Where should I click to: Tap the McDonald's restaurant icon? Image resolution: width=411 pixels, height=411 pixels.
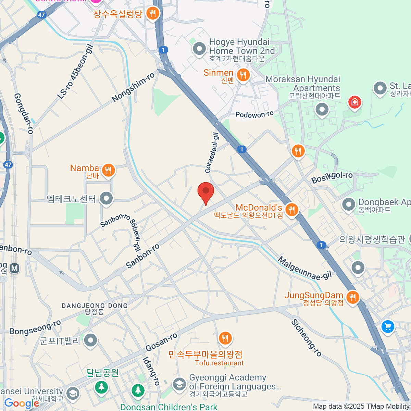pyautogui.click(x=291, y=210)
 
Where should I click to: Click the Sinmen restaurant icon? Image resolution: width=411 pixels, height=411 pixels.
pyautogui.click(x=243, y=75)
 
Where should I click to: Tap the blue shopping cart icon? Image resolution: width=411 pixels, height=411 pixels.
pyautogui.click(x=388, y=326)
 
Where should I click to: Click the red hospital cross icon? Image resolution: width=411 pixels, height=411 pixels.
pyautogui.click(x=354, y=102)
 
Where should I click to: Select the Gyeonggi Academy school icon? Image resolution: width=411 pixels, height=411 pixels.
pyautogui.click(x=179, y=384)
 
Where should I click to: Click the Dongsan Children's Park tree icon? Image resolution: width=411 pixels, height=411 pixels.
pyautogui.click(x=138, y=390)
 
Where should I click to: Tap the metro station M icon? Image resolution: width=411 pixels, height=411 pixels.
pyautogui.click(x=14, y=268)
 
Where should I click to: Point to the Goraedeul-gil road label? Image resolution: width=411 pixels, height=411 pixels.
pyautogui.click(x=212, y=152)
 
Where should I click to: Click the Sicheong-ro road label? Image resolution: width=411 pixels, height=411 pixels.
pyautogui.click(x=307, y=338)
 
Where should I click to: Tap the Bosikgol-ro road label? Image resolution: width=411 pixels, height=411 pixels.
pyautogui.click(x=332, y=177)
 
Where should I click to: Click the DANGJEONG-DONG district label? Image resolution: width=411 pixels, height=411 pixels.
pyautogui.click(x=95, y=306)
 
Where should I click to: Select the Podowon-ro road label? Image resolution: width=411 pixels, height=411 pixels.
pyautogui.click(x=254, y=114)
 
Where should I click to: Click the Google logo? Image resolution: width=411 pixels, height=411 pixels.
pyautogui.click(x=22, y=403)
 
